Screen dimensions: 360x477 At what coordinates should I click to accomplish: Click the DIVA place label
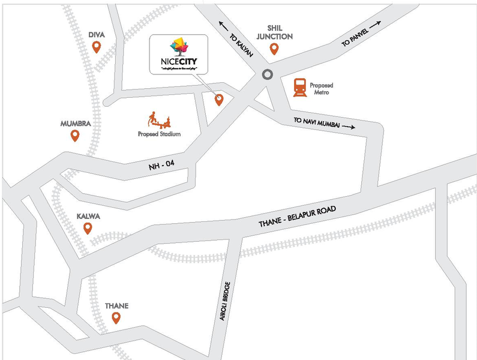point(96,35)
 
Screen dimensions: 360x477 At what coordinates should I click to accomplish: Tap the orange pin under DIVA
point(96,47)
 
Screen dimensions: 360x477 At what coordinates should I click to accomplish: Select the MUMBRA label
point(75,124)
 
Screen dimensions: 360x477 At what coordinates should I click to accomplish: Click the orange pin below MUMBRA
point(75,136)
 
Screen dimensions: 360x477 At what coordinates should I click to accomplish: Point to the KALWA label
point(88,216)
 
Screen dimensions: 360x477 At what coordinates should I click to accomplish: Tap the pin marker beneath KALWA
point(88,229)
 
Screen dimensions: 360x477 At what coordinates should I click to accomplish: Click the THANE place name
point(116,306)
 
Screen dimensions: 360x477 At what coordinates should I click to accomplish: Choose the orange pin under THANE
point(116,319)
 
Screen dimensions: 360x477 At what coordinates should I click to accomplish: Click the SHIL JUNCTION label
point(275,32)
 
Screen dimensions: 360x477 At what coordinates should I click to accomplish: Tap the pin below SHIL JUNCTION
point(275,49)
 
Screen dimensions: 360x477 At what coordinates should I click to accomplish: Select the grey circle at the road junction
point(267,75)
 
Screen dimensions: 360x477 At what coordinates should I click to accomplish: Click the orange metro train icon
point(299,88)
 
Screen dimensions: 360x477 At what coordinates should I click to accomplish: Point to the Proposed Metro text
point(321,89)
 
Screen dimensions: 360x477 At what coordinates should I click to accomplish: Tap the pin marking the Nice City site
point(219,100)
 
